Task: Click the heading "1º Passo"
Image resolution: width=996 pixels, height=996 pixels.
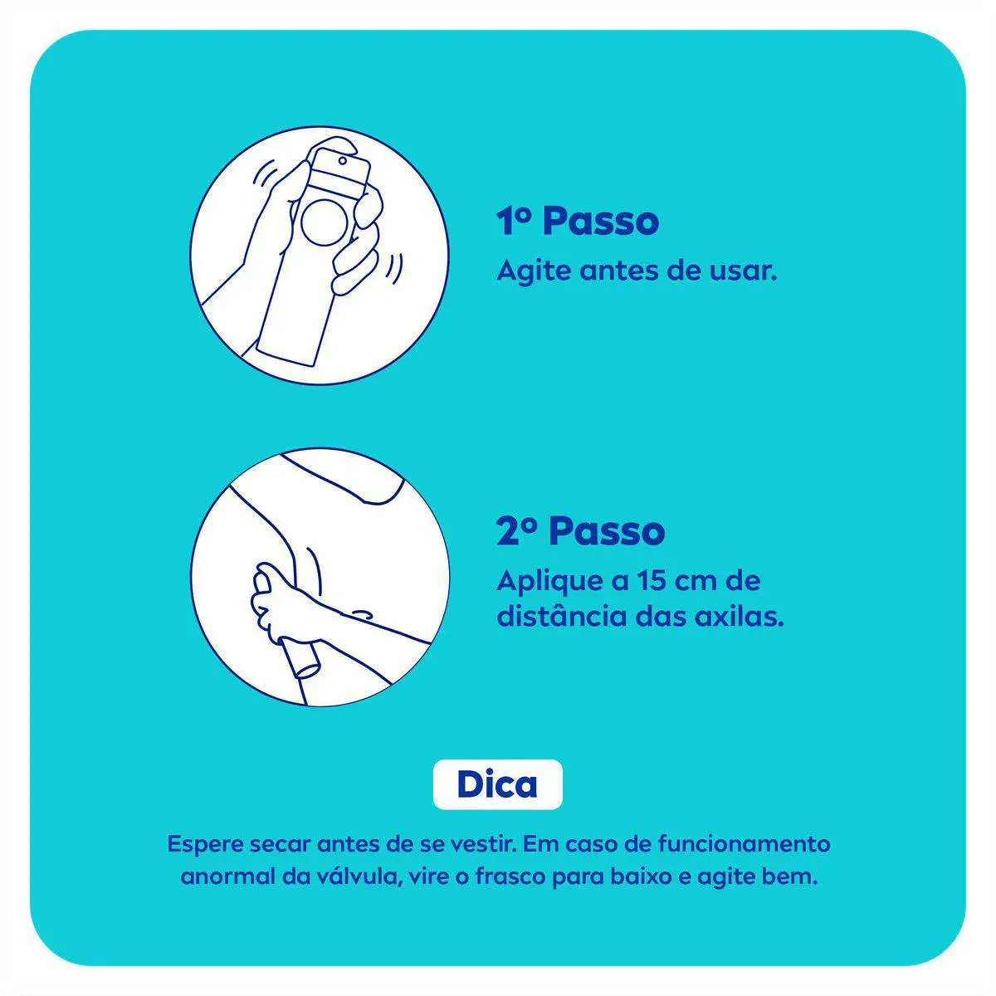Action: [578, 222]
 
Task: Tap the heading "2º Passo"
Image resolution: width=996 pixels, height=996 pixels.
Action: [580, 531]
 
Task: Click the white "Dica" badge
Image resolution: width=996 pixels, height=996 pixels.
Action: [497, 784]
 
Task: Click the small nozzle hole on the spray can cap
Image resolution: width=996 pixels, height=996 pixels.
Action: [343, 161]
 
